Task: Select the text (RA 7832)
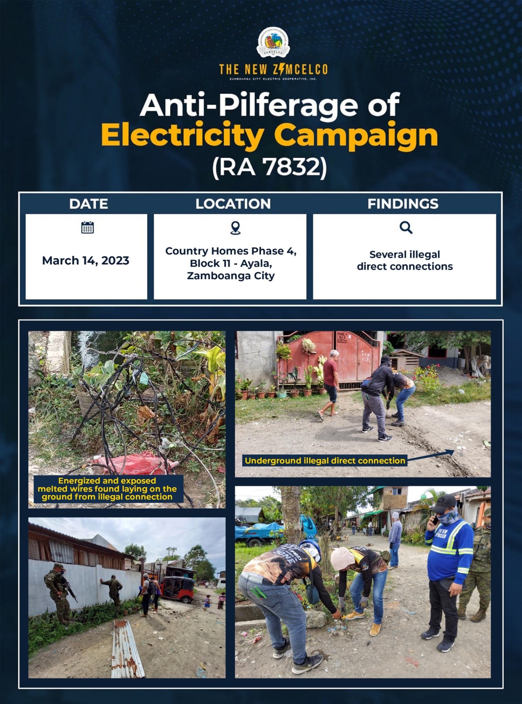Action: pyautogui.click(x=269, y=167)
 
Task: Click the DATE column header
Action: pyautogui.click(x=88, y=204)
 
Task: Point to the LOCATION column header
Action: pyautogui.click(x=233, y=204)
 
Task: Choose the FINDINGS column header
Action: pyautogui.click(x=403, y=204)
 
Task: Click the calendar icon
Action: pyautogui.click(x=87, y=227)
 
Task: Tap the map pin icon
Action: pyautogui.click(x=235, y=228)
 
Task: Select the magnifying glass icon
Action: pyautogui.click(x=406, y=227)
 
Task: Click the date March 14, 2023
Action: pyautogui.click(x=86, y=260)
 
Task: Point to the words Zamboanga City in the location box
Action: pyautogui.click(x=231, y=276)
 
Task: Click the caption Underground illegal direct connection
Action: pyautogui.click(x=325, y=461)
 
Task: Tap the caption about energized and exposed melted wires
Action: pyautogui.click(x=107, y=489)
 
